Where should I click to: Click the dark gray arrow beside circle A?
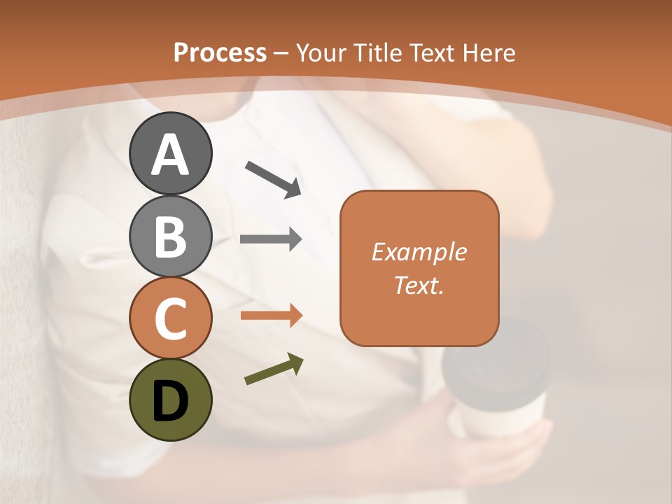pos(273,179)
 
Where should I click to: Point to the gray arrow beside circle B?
pos(271,239)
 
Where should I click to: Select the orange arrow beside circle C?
pos(271,316)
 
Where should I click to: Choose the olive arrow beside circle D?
pos(274,370)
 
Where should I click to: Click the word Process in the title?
pos(220,53)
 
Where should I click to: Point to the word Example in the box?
pos(419,252)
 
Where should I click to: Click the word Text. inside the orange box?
pos(419,285)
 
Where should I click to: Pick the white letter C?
pos(170,319)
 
